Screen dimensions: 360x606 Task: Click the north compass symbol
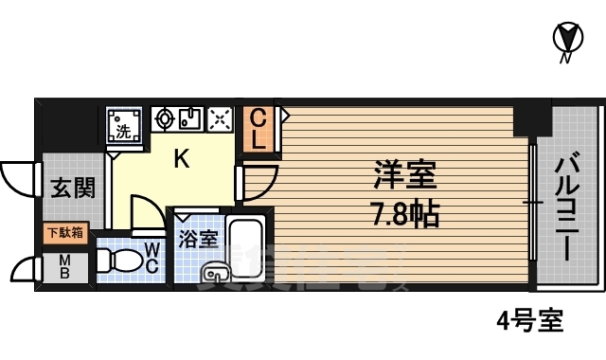[565, 41]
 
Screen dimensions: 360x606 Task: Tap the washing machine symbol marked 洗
[123, 123]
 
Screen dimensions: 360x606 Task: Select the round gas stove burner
[164, 118]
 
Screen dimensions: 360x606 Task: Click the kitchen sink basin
[188, 118]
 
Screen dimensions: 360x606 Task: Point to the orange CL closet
[258, 129]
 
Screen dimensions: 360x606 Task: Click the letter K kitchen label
[180, 159]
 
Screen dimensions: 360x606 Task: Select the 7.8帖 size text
[403, 215]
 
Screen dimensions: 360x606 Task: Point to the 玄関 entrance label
[72, 188]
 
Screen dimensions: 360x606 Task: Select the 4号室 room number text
[529, 320]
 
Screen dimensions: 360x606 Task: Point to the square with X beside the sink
[220, 118]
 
